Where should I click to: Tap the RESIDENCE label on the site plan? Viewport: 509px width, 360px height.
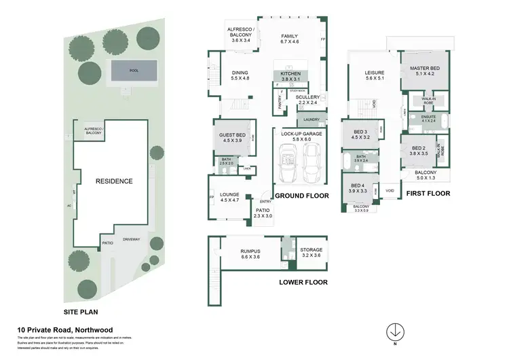click(113, 181)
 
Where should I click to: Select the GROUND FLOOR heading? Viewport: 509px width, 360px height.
click(302, 196)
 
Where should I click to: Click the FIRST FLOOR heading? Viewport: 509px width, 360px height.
click(428, 194)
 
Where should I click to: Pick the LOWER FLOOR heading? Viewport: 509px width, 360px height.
click(303, 282)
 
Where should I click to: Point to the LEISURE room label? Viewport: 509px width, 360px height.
click(375, 74)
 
